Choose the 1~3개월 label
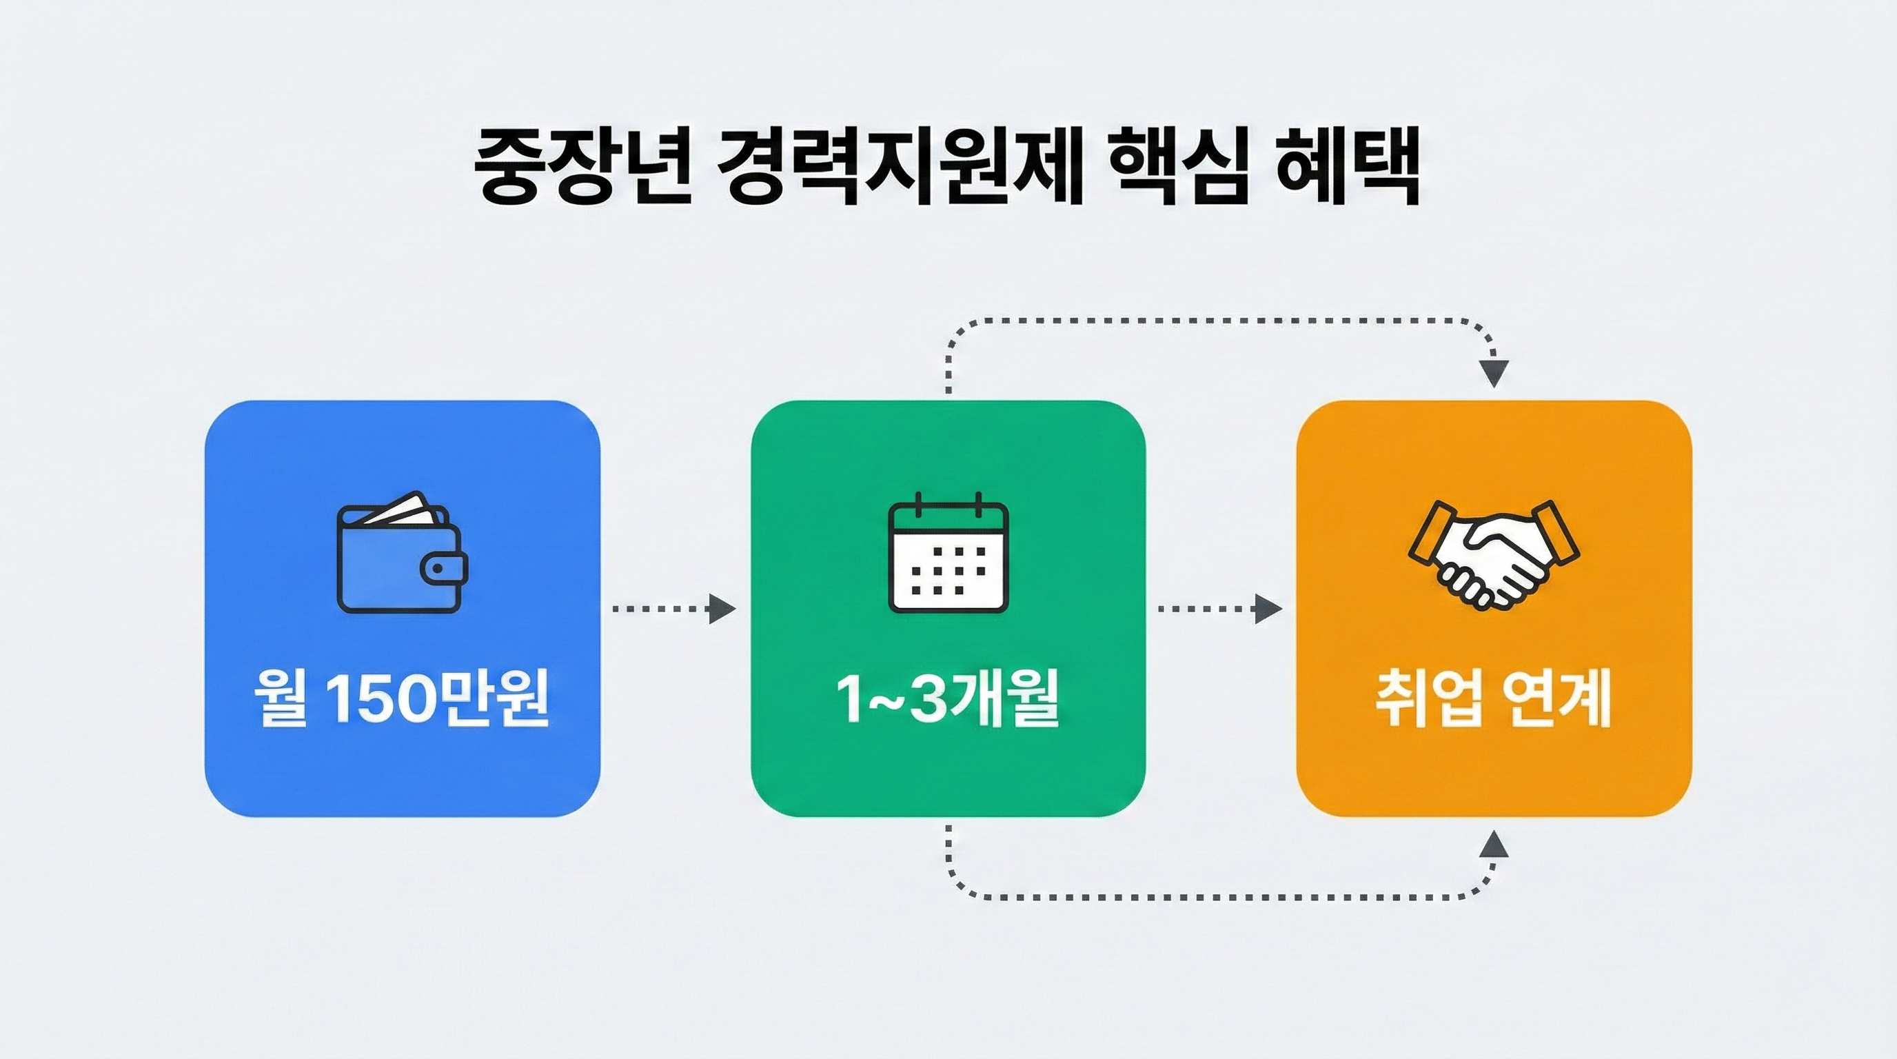coord(948,698)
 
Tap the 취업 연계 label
coord(1494,698)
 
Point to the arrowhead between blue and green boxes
coord(721,609)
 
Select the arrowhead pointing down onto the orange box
coord(1494,374)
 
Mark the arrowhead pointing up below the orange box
coord(1494,845)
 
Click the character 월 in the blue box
coord(280,698)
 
